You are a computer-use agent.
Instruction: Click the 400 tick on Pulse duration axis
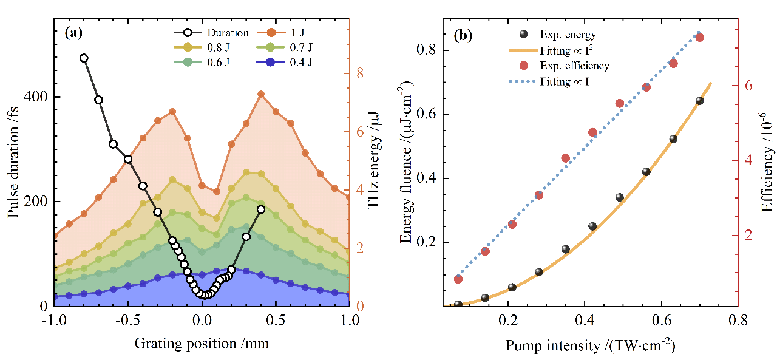(x=36, y=97)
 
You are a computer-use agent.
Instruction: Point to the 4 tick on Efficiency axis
(x=748, y=160)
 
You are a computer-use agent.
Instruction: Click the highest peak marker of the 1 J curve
(x=261, y=94)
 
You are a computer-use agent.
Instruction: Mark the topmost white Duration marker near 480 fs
(x=84, y=58)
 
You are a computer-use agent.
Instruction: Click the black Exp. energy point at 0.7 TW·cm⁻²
(x=699, y=101)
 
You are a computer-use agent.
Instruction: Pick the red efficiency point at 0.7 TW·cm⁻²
(x=699, y=38)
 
